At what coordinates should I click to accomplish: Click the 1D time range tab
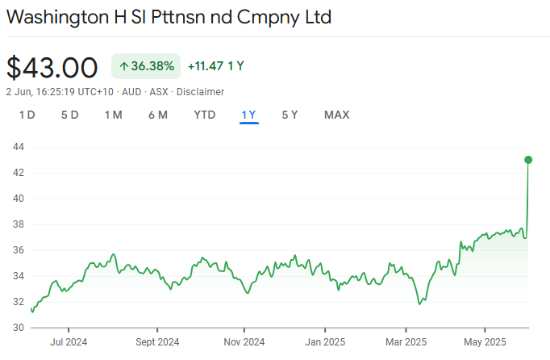tap(27, 115)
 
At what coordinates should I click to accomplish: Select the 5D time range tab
tap(69, 115)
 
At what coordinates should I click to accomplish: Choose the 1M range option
tap(113, 115)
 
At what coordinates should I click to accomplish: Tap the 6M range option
tap(157, 115)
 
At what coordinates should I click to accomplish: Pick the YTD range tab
tap(205, 115)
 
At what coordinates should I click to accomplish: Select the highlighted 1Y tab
tap(248, 115)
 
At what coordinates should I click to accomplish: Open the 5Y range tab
tap(290, 115)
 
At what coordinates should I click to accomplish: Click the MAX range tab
tap(336, 115)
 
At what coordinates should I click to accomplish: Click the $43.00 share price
tap(52, 67)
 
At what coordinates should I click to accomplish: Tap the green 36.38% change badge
tap(145, 66)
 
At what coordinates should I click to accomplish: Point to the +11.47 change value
tap(206, 66)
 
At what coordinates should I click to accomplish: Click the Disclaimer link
tap(202, 92)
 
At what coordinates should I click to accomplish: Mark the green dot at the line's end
tap(528, 160)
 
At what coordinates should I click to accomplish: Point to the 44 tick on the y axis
tap(18, 147)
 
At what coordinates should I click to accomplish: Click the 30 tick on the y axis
tap(18, 328)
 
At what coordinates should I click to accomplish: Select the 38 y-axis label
tap(18, 224)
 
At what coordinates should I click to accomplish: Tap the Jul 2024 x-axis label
tap(68, 341)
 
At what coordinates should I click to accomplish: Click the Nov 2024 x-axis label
tap(243, 341)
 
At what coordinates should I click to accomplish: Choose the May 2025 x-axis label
tap(485, 341)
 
